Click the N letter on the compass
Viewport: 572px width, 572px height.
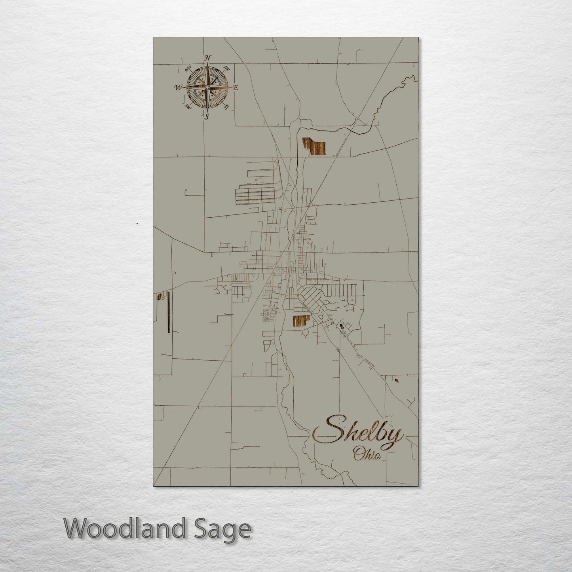207,58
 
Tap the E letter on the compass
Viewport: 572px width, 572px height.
235,88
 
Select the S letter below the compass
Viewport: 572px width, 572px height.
206,116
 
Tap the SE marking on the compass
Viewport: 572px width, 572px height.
226,106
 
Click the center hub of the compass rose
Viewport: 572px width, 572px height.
207,87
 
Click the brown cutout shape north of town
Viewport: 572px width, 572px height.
315,147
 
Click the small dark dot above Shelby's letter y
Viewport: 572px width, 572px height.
396,381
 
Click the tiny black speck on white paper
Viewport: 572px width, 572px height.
137,224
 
